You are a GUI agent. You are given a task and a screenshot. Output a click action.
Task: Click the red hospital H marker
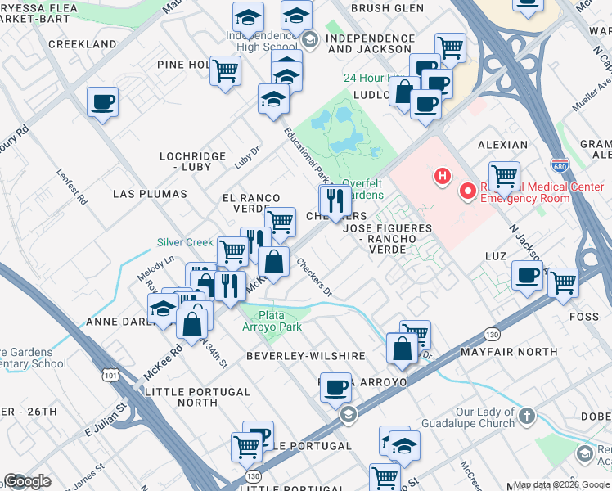443,175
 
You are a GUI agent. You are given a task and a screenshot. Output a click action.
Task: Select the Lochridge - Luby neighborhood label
185,160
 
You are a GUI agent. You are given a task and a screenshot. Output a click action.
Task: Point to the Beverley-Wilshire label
305,356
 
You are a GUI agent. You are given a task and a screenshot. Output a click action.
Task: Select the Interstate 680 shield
560,166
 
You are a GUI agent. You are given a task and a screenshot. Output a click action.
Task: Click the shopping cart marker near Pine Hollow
225,71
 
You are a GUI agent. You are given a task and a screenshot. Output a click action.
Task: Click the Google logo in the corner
28,481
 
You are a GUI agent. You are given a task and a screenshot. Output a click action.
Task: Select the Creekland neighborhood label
82,43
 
